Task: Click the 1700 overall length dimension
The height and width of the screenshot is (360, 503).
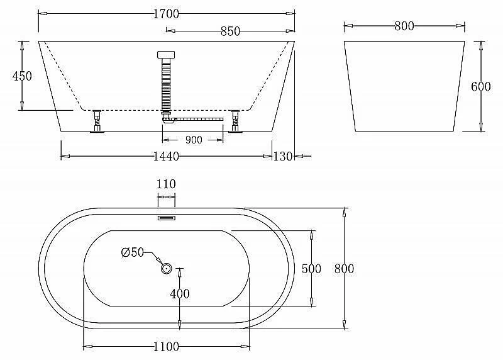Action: pos(166,14)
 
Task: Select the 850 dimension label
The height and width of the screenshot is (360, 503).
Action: pos(230,31)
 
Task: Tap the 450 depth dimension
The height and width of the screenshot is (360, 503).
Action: pos(22,76)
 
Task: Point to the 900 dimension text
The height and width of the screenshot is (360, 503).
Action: pos(194,140)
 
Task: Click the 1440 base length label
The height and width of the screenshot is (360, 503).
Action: pos(166,156)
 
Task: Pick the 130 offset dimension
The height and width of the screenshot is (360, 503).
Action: pos(282,156)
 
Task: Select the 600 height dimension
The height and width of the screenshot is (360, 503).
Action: pos(481,86)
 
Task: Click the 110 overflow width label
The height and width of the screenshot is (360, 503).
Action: pos(166,184)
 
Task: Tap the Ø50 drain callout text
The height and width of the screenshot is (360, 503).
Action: pos(133,252)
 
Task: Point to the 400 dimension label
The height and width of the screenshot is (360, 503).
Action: pos(180,293)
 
